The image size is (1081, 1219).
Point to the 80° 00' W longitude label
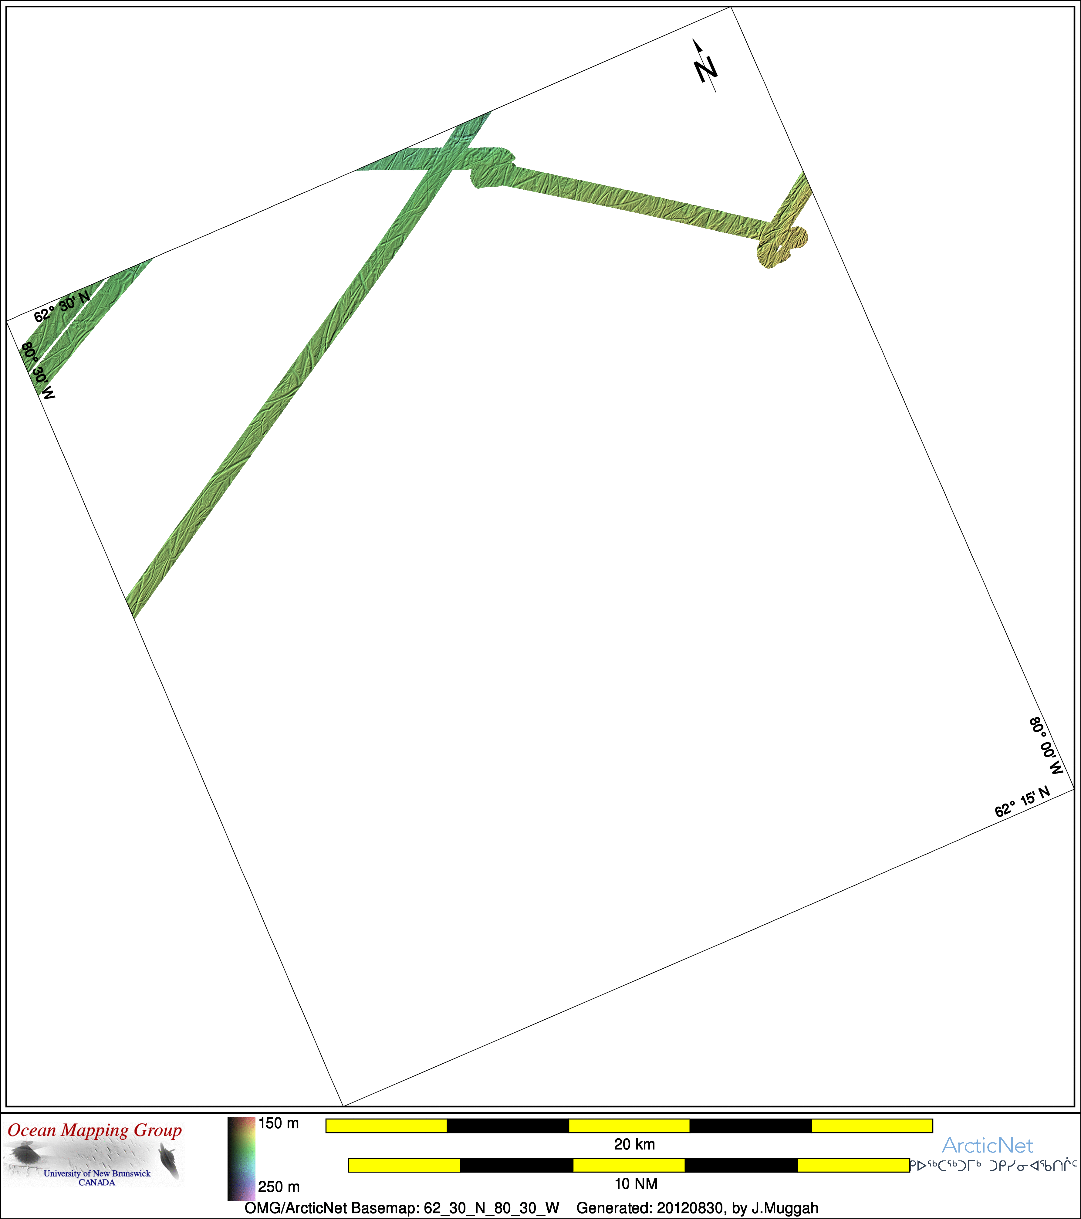(x=1046, y=746)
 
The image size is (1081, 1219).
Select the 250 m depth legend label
(x=279, y=1187)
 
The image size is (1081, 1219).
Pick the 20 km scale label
(x=634, y=1144)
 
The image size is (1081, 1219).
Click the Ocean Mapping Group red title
(x=95, y=1131)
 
